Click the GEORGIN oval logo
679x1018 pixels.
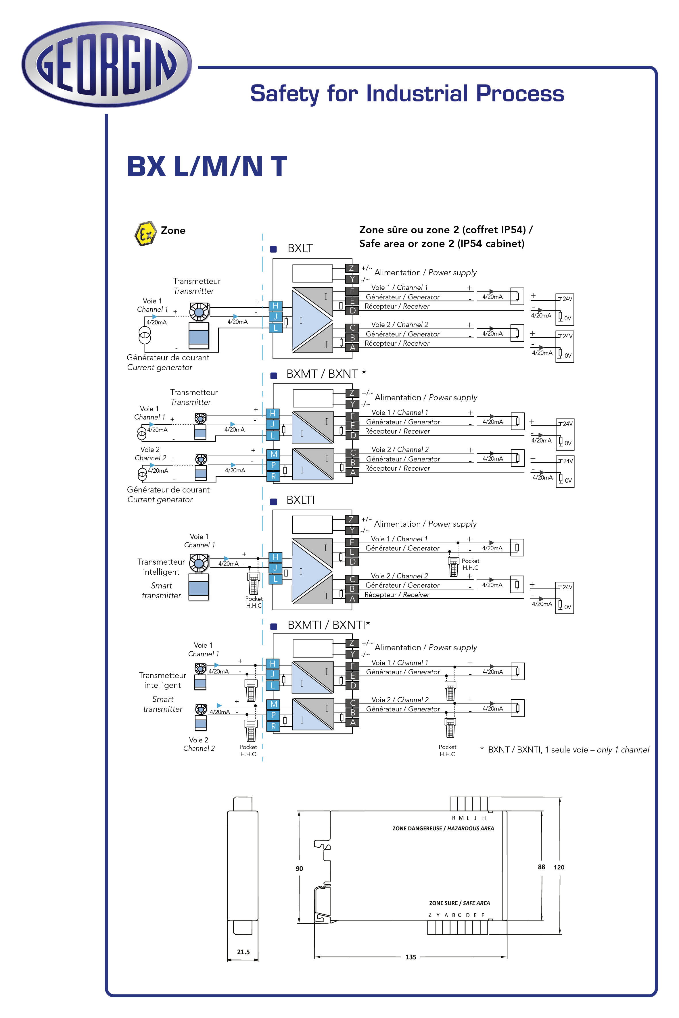(x=107, y=64)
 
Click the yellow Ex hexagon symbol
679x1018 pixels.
(x=145, y=234)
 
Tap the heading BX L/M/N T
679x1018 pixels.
(x=207, y=166)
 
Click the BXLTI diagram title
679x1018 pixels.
(x=300, y=500)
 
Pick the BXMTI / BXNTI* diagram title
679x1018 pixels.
(x=329, y=625)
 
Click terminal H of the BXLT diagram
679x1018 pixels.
(x=275, y=306)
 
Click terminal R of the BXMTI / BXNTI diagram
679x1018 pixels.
(x=273, y=726)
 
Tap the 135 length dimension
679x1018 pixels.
(x=411, y=957)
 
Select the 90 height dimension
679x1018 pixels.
(x=299, y=868)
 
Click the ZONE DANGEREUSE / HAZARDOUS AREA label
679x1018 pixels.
(x=443, y=828)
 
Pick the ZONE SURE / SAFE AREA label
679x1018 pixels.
(x=459, y=903)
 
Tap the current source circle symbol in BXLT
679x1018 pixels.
(x=144, y=334)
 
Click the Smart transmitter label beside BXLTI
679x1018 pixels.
(x=162, y=590)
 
